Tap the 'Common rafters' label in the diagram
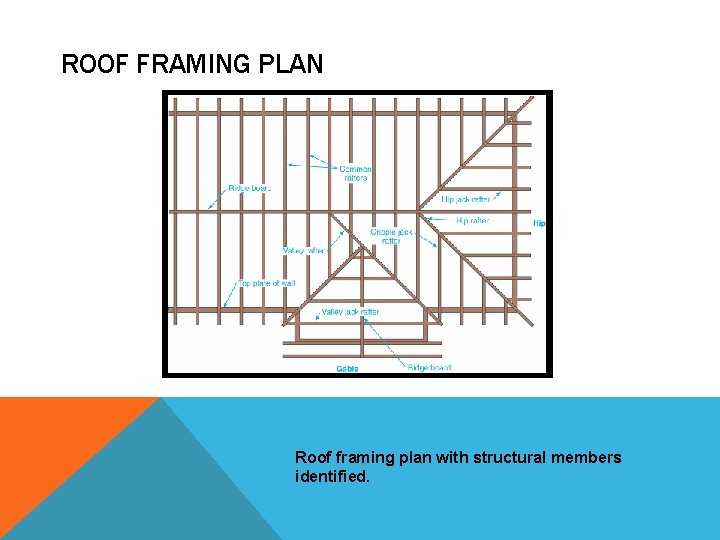356,173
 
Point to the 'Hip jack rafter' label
465,200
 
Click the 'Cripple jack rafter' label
386,236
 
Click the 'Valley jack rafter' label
350,313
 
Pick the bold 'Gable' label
347,368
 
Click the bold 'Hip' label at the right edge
539,223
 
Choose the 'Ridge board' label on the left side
250,188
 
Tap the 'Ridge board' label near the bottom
429,368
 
